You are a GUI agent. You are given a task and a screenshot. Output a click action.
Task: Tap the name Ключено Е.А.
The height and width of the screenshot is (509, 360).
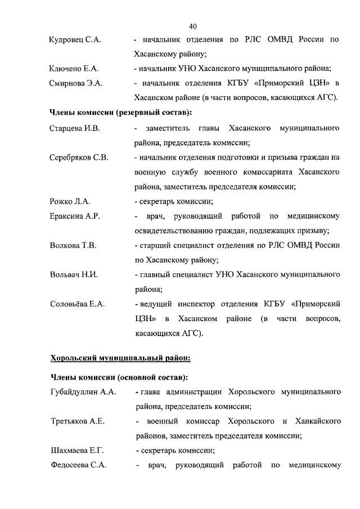(74, 69)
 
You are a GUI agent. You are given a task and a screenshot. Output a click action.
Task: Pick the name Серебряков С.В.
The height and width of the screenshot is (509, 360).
(79, 157)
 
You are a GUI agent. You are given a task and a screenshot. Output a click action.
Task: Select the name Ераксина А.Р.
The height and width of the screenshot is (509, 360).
(74, 216)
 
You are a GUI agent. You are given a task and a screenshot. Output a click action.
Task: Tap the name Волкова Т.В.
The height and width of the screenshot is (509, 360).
(73, 245)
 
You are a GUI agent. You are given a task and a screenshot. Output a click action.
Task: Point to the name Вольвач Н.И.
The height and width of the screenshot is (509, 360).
(74, 274)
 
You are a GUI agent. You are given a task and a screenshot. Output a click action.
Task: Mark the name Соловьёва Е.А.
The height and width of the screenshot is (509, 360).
(77, 304)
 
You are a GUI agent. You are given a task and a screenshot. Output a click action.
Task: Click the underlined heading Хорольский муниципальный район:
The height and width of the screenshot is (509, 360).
(120, 357)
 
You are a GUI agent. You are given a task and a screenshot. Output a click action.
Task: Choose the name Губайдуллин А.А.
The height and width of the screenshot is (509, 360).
(82, 391)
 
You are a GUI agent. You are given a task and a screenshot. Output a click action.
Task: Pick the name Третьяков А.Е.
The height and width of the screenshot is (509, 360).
(77, 421)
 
